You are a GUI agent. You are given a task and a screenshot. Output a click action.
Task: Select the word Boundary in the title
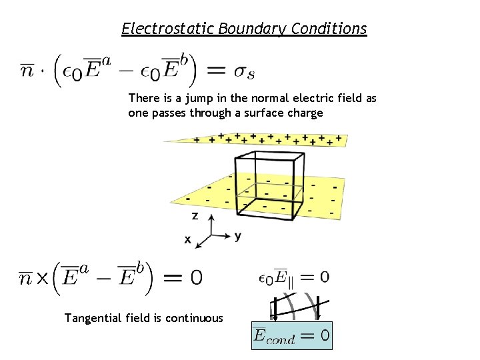239,29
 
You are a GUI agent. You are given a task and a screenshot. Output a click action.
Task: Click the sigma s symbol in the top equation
241,70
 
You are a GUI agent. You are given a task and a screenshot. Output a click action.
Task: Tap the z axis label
194,216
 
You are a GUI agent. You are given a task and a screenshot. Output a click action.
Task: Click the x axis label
187,239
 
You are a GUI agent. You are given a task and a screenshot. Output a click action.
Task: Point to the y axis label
237,235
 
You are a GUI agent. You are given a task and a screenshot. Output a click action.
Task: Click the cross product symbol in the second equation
41,278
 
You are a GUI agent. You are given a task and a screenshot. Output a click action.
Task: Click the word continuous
195,318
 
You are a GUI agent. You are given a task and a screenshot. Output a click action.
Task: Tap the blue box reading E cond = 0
291,336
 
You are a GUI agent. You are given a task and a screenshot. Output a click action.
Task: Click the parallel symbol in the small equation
291,283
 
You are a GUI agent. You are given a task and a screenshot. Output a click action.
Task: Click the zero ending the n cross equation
196,277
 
